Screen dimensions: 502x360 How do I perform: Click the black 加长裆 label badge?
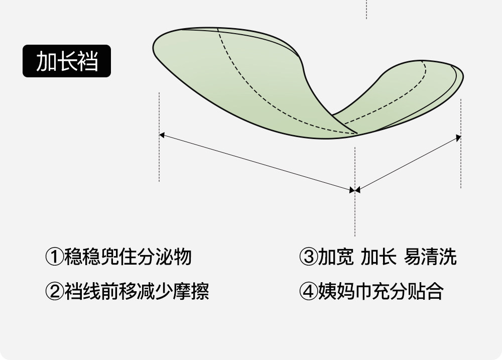click(x=66, y=61)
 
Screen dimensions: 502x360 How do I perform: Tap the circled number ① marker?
click(x=54, y=257)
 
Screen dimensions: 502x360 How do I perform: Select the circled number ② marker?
click(x=54, y=291)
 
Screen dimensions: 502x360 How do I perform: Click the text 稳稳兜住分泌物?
click(x=128, y=257)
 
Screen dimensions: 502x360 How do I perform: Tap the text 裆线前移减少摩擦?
click(x=137, y=291)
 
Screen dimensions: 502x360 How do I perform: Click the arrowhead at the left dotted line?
click(x=162, y=135)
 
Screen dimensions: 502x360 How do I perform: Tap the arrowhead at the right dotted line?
click(x=458, y=137)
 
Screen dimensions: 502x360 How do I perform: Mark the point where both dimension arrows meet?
click(x=355, y=190)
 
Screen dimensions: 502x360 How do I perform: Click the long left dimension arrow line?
click(x=256, y=162)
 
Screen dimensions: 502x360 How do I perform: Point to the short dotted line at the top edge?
click(x=366, y=9)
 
